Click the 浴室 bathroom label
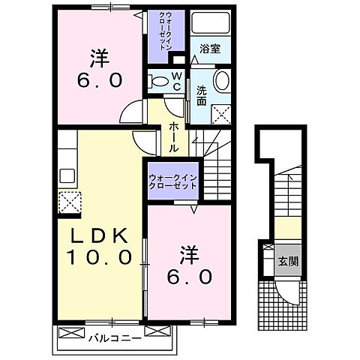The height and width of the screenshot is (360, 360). (x=209, y=51)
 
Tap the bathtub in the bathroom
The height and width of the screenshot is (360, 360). (x=211, y=24)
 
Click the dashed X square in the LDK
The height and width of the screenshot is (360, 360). (x=69, y=202)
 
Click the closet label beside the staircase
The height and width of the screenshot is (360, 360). (x=172, y=180)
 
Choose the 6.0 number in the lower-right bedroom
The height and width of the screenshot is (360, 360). (x=189, y=276)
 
